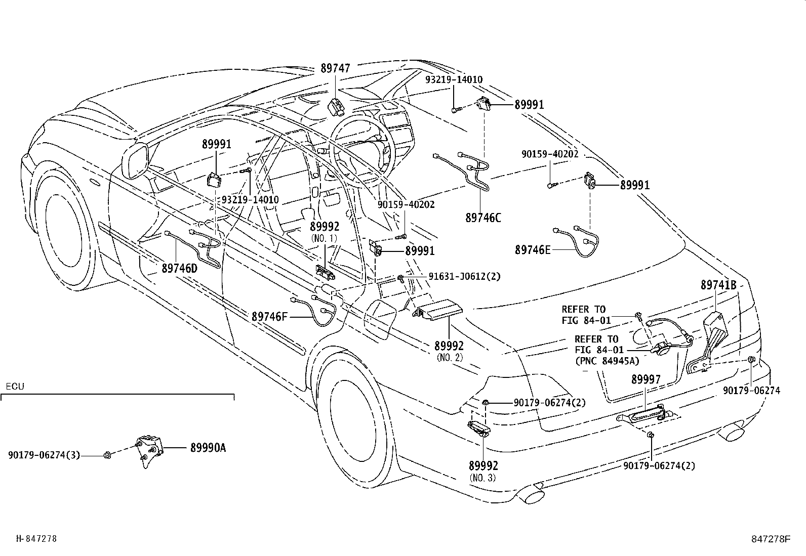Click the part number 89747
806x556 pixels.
click(x=335, y=68)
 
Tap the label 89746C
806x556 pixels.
click(x=483, y=218)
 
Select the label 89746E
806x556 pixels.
click(x=532, y=249)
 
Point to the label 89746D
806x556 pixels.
click(x=179, y=268)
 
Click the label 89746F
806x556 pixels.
click(x=269, y=317)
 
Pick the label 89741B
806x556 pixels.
click(x=718, y=285)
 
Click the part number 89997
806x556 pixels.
click(x=646, y=380)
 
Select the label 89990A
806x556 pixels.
click(x=208, y=448)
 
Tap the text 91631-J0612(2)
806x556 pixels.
click(x=464, y=276)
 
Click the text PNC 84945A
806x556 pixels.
click(x=607, y=361)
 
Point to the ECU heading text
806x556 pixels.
click(x=15, y=387)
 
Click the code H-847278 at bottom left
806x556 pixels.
click(x=36, y=539)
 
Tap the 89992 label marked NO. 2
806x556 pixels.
click(x=449, y=346)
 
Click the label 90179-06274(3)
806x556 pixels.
click(x=44, y=455)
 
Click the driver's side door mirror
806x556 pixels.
click(x=136, y=160)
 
